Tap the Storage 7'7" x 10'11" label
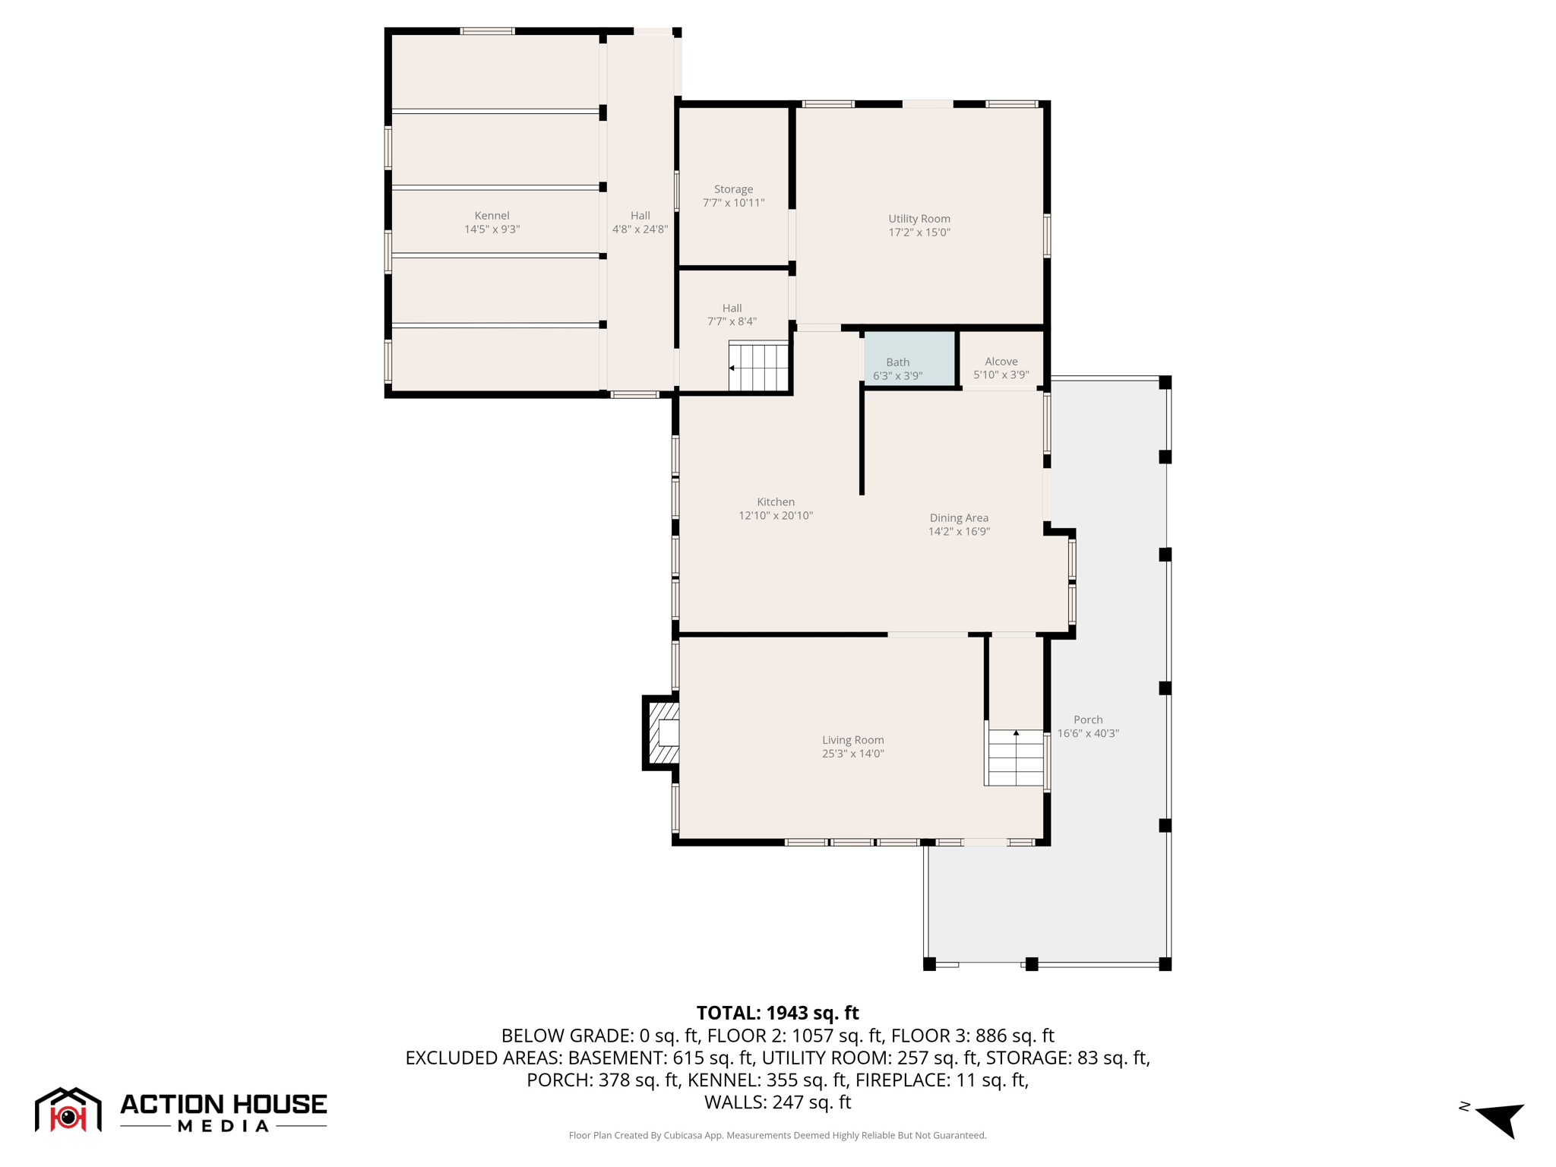[733, 196]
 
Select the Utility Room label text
[919, 219]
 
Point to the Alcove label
[1001, 362]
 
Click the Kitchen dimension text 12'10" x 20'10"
[776, 516]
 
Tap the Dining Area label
[959, 518]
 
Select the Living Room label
[852, 740]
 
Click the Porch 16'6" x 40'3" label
[1088, 726]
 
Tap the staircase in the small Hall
[758, 367]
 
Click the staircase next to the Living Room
[1015, 757]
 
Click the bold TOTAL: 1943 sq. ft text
[777, 1013]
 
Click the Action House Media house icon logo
[68, 1110]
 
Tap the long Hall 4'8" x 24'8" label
[640, 223]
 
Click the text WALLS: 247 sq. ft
[777, 1102]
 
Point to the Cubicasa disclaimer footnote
[777, 1135]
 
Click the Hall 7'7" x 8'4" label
[732, 315]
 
